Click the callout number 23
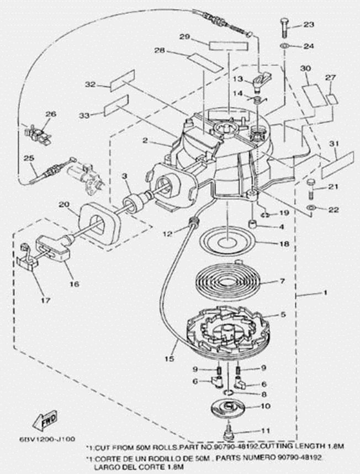[x=308, y=25]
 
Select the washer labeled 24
[x=283, y=45]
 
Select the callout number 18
[x=283, y=243]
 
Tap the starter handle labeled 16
[x=52, y=248]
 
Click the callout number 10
[x=265, y=406]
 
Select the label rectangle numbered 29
[x=225, y=45]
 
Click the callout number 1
[x=325, y=293]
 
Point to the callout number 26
[x=51, y=114]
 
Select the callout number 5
[x=283, y=315]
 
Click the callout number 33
[x=84, y=115]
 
